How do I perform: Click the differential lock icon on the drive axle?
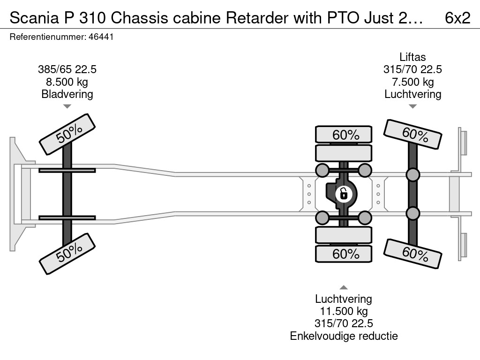[344, 194]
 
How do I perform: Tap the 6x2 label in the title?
[457, 18]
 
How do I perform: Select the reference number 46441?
[101, 37]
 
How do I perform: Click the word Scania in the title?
[34, 18]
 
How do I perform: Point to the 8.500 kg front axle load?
[67, 82]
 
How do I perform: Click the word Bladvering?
[67, 94]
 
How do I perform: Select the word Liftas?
[412, 57]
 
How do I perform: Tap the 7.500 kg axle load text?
[412, 82]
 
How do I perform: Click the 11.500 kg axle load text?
[344, 311]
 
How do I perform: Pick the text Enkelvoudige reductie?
[344, 336]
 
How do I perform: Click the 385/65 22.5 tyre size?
[67, 69]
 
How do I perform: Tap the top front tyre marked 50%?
[67, 134]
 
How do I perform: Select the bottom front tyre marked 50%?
[67, 254]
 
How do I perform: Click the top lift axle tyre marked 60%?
[412, 134]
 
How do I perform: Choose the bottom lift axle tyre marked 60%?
[412, 254]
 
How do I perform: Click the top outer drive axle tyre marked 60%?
[344, 135]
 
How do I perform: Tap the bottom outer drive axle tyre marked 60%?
[344, 254]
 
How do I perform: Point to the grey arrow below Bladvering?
[67, 106]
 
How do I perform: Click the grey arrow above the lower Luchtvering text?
[344, 287]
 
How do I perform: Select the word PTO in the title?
[343, 18]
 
